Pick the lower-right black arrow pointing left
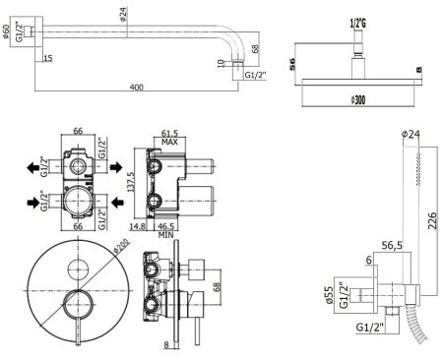tap(117, 204)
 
